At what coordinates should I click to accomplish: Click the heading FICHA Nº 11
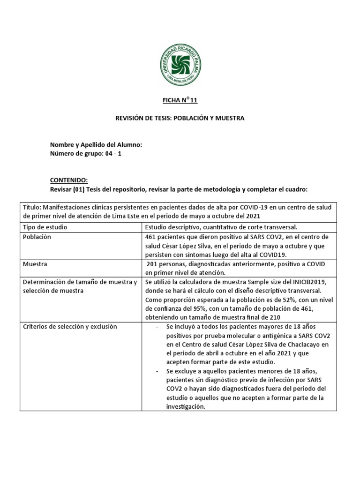(x=180, y=100)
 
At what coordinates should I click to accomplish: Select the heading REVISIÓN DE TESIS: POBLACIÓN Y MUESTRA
(x=180, y=118)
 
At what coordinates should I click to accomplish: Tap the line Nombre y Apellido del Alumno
(x=96, y=145)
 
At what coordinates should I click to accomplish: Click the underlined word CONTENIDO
(x=69, y=180)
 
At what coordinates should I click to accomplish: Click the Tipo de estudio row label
(x=45, y=227)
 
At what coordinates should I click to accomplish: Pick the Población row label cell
(x=37, y=237)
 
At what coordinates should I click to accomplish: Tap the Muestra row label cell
(x=35, y=264)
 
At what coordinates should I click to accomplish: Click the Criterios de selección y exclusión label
(x=70, y=326)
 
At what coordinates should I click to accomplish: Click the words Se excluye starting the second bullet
(x=182, y=371)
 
